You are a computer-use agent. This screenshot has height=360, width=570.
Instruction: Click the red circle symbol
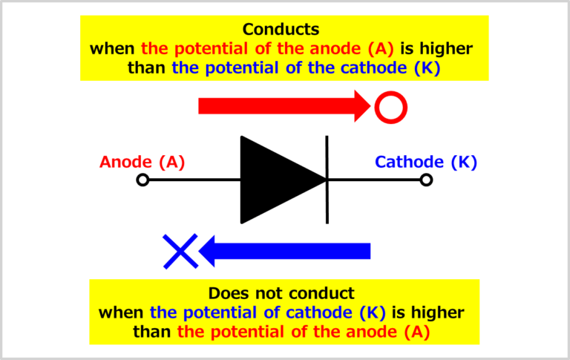pyautogui.click(x=390, y=107)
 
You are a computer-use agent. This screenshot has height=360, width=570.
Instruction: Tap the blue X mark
pyautogui.click(x=180, y=251)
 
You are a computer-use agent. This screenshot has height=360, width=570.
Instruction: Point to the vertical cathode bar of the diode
pyautogui.click(x=327, y=180)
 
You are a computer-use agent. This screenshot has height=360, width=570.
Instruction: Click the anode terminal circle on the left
pyautogui.click(x=143, y=180)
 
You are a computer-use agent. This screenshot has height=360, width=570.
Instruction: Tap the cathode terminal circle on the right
pyautogui.click(x=426, y=180)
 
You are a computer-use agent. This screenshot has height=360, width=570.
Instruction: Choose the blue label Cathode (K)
pyautogui.click(x=426, y=162)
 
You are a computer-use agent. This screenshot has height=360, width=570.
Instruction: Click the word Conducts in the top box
pyautogui.click(x=281, y=30)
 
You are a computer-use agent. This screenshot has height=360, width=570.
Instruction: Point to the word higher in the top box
pyautogui.click(x=445, y=49)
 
